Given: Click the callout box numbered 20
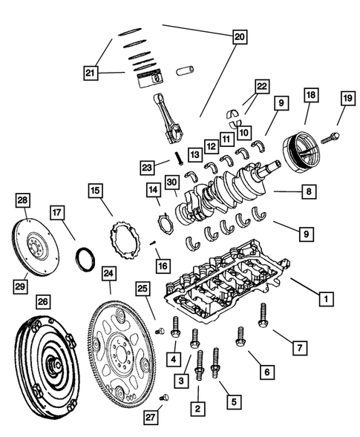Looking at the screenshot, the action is pos(240,36).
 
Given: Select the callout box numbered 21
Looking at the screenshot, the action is pos(91,73).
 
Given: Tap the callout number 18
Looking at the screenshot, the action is pos(311,95).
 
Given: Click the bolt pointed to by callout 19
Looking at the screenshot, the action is pos(330,138).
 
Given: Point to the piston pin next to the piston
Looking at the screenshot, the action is pos(185,70).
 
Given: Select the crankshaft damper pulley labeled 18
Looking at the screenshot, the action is pos(301,152).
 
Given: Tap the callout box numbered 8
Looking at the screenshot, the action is pos(309,191).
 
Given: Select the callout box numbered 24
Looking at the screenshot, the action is pos(108,273).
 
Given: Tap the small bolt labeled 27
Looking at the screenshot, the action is pos(165,397).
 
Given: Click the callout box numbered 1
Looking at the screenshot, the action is pos(326,299).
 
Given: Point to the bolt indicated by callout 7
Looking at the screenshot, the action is pos(263,315).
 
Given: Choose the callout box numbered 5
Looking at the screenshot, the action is pos(234,401).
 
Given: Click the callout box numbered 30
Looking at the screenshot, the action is pos(172,183).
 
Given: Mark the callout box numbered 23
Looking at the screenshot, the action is pos(147,168).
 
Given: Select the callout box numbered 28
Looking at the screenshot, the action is pos(23,200).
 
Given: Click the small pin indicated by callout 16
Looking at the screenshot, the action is pos(153,243).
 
